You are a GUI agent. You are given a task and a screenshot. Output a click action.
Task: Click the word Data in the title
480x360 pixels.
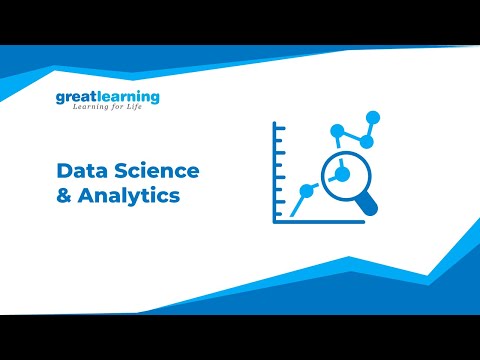pos(80,171)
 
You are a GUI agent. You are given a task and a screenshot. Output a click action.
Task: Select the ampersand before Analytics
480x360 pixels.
pos(64,196)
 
